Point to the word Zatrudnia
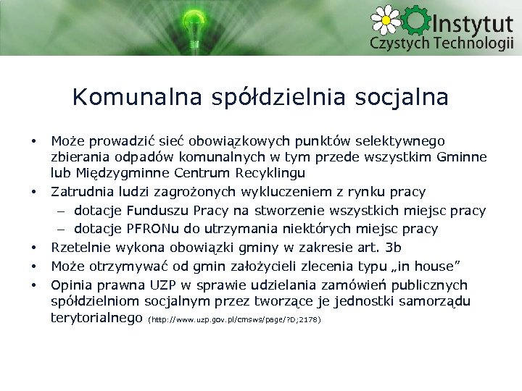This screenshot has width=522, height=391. point(80,192)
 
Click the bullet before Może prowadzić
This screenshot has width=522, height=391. point(33,140)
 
